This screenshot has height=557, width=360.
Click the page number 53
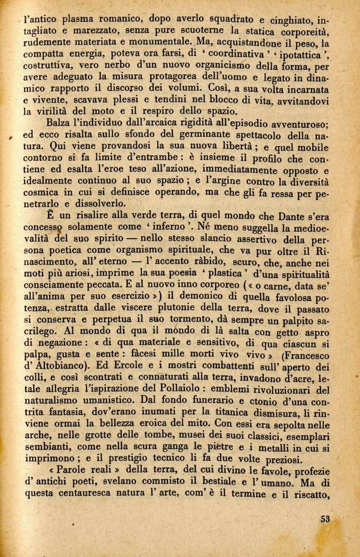click(x=325, y=518)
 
